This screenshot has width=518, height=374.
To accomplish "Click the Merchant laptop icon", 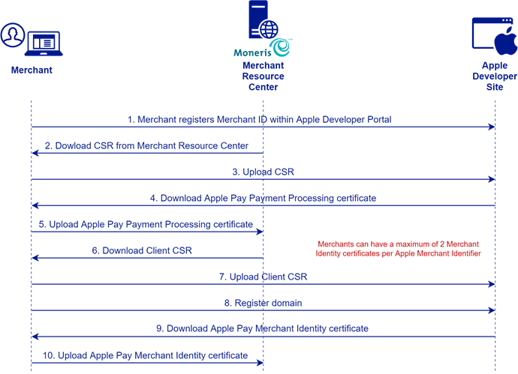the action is (44, 43).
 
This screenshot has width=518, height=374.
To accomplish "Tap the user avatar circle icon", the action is (13, 35).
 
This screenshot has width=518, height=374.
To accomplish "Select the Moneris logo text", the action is (252, 52).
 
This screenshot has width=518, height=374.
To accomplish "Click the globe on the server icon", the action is (269, 29).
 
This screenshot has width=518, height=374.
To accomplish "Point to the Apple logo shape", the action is (506, 41).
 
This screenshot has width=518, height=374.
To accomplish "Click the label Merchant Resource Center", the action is (264, 76).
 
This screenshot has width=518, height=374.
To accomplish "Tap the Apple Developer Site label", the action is (495, 76).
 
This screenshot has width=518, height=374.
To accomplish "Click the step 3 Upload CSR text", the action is (263, 172).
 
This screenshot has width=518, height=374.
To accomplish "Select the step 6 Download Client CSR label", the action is (142, 250).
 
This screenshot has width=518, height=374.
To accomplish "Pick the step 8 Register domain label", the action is (263, 303).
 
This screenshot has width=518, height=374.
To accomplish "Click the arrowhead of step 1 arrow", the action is (492, 127).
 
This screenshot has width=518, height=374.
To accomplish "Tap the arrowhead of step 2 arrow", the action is (35, 153).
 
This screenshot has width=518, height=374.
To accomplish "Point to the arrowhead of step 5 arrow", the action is (260, 232).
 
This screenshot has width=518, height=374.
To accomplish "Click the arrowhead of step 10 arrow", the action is (260, 363).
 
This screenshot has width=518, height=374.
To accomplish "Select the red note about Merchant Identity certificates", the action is (398, 249).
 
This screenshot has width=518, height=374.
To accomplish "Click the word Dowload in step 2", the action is (74, 145).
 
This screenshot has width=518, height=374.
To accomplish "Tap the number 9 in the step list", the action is (160, 328).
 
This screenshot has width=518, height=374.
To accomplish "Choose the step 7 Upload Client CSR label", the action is (263, 277).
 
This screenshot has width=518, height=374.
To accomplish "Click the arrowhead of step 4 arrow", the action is (35, 206).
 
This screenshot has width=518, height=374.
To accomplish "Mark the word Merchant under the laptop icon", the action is (32, 70).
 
